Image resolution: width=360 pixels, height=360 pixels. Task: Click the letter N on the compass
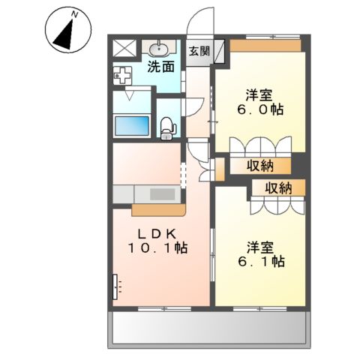[73, 15]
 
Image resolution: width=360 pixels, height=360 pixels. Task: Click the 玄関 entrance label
[199, 51]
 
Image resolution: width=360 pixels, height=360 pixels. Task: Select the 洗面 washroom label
[161, 67]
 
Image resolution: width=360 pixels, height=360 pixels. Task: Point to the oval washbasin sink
[158, 49]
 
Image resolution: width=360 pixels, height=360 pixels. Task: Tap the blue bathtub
[132, 126]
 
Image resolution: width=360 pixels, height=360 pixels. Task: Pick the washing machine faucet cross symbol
[122, 75]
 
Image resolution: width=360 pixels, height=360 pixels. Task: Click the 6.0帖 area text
[260, 109]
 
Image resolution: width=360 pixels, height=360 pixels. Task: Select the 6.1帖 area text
[261, 261]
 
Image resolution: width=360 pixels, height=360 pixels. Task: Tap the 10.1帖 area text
[157, 247]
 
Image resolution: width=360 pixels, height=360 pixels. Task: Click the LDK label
[157, 233]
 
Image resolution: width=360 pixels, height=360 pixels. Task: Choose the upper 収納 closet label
[260, 166]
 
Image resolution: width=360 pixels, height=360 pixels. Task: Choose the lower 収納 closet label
[278, 187]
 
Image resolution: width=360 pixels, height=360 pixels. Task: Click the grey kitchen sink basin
[162, 194]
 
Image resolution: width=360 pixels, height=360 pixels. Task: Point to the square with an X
[124, 48]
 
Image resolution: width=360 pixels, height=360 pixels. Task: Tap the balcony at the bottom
[209, 328]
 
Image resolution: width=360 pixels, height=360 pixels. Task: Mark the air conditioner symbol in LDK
[115, 286]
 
